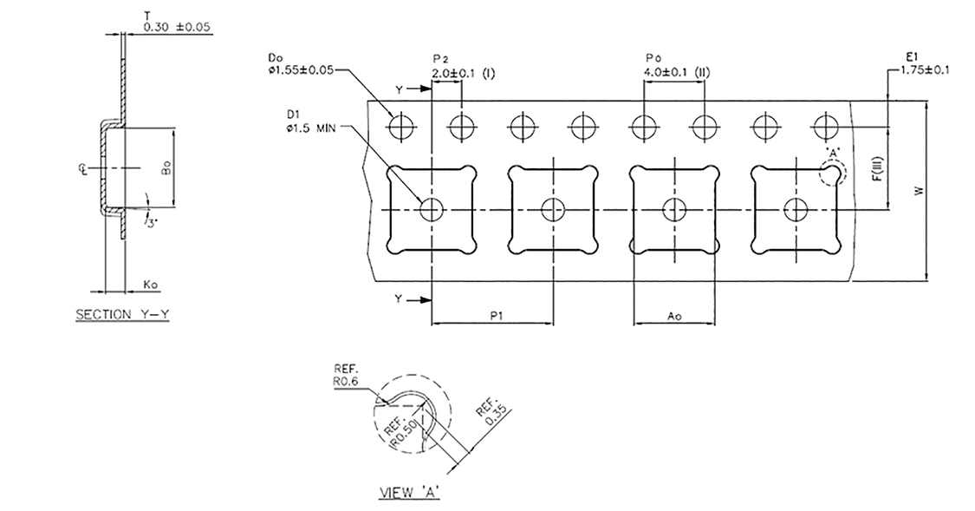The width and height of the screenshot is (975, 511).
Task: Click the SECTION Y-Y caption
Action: pos(122,315)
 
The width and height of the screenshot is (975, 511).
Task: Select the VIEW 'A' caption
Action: pos(411,494)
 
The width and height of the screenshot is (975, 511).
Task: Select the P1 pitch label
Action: pos(493,317)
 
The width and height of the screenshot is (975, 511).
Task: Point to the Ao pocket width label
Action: pos(674,317)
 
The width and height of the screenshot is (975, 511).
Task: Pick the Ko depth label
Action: pos(150,285)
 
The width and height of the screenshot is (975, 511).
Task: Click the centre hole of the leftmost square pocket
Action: pos(432,209)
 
